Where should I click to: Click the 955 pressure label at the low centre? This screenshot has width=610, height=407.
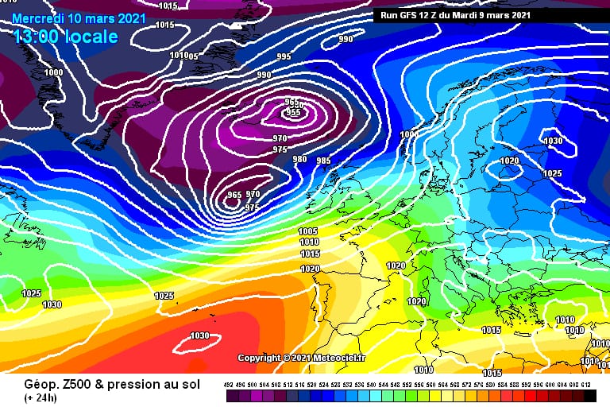tap(291, 112)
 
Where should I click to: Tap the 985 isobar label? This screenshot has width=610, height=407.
tap(323, 161)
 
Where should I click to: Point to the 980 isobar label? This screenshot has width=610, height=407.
tap(299, 159)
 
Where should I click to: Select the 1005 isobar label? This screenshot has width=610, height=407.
tap(308, 231)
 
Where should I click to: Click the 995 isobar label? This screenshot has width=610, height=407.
tap(284, 56)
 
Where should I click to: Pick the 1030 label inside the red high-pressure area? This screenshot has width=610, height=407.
tap(199, 335)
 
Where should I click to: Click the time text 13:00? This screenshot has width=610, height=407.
tap(40, 37)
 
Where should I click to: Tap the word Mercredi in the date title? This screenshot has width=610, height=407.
tap(41, 17)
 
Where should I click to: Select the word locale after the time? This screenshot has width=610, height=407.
tap(94, 37)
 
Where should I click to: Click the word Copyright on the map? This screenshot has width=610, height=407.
tap(259, 359)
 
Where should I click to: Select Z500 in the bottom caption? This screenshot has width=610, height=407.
tap(63, 386)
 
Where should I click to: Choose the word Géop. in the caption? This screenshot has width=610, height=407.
tap(24, 386)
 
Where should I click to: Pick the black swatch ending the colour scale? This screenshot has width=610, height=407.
tap(589, 396)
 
